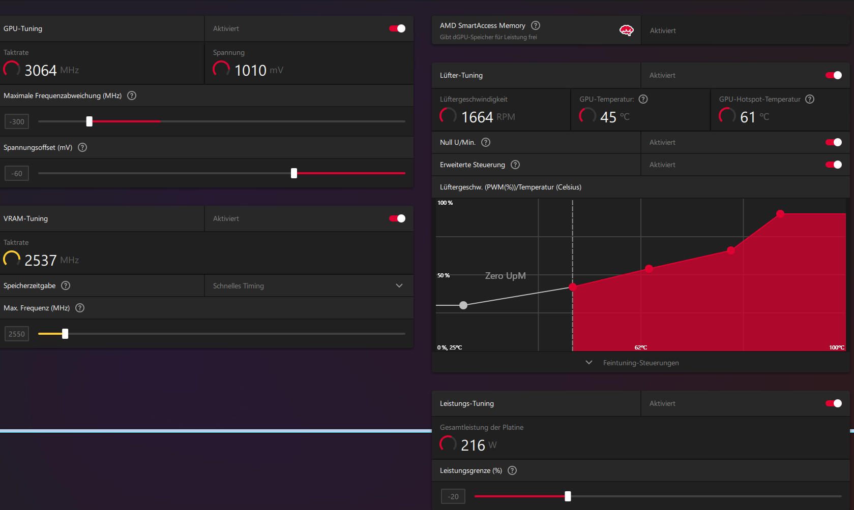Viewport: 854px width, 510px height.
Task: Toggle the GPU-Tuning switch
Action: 397,28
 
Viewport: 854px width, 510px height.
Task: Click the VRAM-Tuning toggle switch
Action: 397,218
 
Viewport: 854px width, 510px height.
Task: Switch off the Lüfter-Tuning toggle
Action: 834,75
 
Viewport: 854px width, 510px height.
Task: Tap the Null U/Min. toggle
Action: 834,142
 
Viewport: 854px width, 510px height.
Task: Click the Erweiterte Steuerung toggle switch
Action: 834,165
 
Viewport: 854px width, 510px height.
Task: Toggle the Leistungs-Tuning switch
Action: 834,403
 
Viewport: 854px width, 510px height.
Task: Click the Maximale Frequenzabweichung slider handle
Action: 90,121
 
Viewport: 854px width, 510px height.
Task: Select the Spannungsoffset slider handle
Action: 294,173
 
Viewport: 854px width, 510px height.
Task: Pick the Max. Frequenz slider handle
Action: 65,334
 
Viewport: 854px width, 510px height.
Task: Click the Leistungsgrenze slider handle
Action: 568,496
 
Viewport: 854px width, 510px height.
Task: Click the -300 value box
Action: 17,122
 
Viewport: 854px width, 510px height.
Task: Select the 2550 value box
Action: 17,334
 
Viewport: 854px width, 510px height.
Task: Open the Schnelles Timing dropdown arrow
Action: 399,285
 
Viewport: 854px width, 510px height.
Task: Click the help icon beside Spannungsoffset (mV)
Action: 82,147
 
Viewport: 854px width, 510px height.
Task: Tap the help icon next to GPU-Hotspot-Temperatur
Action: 810,99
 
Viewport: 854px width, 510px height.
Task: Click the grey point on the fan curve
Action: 463,305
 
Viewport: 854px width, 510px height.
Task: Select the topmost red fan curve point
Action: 780,214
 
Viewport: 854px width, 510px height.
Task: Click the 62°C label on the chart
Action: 641,347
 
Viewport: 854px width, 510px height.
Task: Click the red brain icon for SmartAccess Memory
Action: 626,30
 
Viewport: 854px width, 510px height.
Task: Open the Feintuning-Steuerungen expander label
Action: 641,363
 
